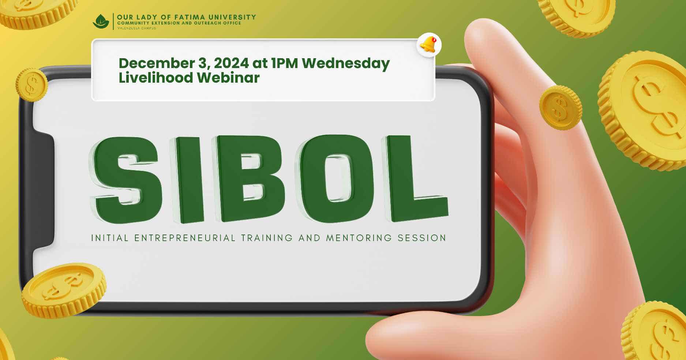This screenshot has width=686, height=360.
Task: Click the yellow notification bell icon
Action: tap(428, 45)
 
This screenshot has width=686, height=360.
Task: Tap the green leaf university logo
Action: tap(101, 22)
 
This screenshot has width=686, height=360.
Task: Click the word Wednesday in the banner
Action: tap(346, 63)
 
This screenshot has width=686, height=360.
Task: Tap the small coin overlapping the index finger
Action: tap(560, 108)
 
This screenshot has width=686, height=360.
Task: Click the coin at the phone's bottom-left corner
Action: tap(64, 290)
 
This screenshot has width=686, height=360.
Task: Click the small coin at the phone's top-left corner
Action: tap(32, 85)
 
